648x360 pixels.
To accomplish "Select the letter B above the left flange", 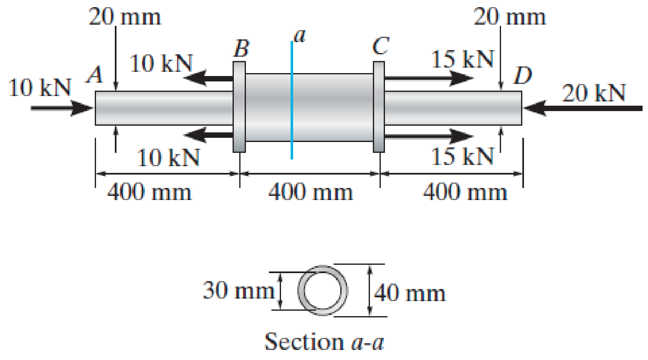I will tap(241, 49).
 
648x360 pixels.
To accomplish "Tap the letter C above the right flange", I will tap(381, 46).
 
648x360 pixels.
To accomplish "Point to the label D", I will tap(523, 76).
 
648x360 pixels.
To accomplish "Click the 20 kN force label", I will tap(594, 93).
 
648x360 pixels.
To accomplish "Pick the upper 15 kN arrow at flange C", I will tap(428, 78).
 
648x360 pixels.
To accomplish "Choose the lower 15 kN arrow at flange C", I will tap(428, 136).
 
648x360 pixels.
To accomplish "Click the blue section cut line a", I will tap(291, 100).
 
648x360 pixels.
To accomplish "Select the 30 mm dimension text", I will tap(238, 290).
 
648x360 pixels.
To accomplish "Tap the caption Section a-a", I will tap(324, 342).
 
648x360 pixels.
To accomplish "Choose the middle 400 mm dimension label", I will tap(310, 193).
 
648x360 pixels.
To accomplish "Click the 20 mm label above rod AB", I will tap(124, 17).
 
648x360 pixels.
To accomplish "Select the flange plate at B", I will tap(239, 107).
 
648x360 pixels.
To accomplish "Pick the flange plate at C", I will tap(378, 107).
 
